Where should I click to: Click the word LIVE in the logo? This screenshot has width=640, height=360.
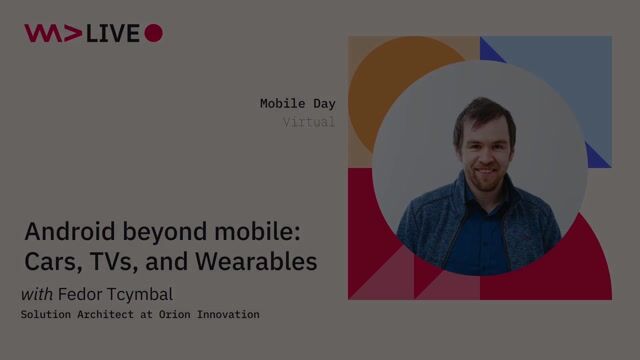point(111,33)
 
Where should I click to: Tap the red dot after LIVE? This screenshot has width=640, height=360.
point(153,33)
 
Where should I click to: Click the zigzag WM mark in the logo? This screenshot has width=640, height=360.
point(52,33)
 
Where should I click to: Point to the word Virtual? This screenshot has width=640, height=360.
point(308,122)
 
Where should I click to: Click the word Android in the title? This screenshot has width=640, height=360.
point(67,233)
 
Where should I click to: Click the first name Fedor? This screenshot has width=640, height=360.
point(81,294)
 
